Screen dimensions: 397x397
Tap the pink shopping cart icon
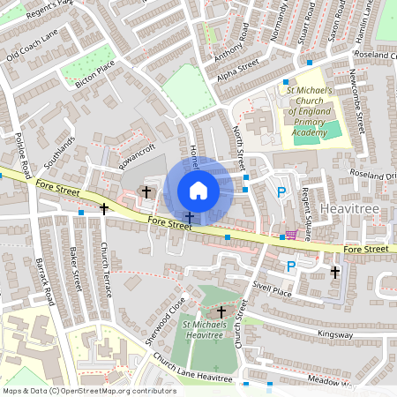click(291, 235)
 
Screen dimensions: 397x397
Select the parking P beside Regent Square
click(281, 192)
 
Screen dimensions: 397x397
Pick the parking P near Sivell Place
click(289, 266)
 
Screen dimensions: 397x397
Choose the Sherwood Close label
click(165, 319)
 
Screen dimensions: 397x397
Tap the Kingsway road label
click(335, 334)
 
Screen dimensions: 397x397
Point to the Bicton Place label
click(95, 68)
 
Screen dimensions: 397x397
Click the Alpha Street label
click(236, 70)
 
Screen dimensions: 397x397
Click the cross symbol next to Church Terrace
click(104, 209)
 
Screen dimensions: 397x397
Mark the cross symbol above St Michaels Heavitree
click(221, 311)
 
